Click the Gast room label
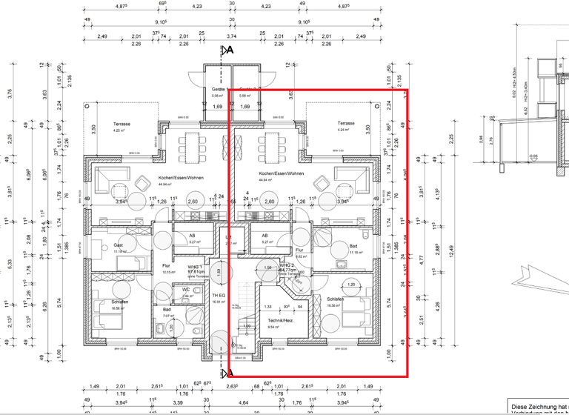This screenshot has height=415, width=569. (x=118, y=245)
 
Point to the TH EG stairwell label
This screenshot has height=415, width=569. (x=219, y=294)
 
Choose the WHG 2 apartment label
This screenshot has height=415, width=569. (x=287, y=265)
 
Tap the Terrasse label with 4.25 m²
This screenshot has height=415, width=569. (x=121, y=123)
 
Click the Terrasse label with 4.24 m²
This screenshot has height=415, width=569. (x=346, y=123)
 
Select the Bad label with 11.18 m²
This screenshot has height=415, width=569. (x=353, y=245)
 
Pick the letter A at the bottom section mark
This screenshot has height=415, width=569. (x=230, y=372)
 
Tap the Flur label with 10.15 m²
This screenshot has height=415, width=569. (x=167, y=266)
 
